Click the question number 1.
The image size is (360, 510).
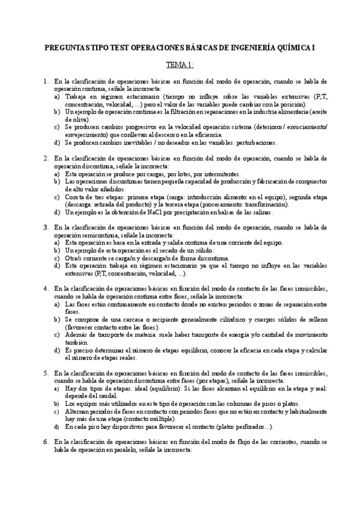click(x=46, y=81)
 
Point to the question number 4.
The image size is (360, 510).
click(x=46, y=288)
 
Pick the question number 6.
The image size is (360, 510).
click(x=46, y=442)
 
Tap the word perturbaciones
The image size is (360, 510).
click(x=252, y=143)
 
